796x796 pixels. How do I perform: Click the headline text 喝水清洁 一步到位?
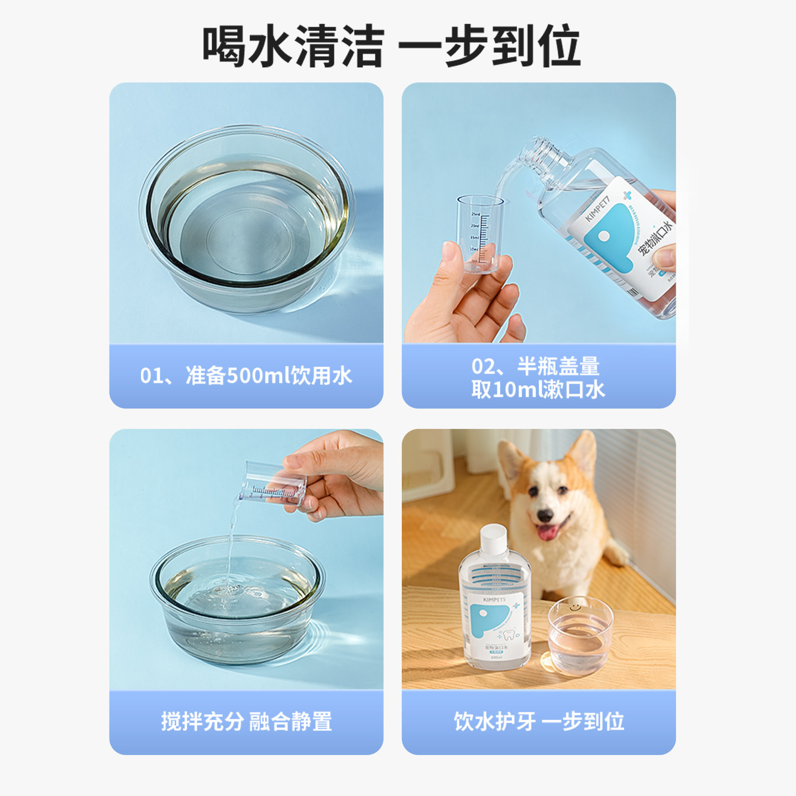[x=391, y=46]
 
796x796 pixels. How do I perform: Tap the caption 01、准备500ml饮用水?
[x=246, y=376]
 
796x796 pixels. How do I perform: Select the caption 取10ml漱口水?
[x=538, y=390]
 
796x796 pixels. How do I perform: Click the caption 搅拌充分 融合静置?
[x=246, y=721]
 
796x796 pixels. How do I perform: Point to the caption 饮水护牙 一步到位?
[x=539, y=721]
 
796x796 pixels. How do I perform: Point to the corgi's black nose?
[x=544, y=516]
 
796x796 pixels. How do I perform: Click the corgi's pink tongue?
[x=548, y=533]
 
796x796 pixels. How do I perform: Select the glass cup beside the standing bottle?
[x=580, y=636]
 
